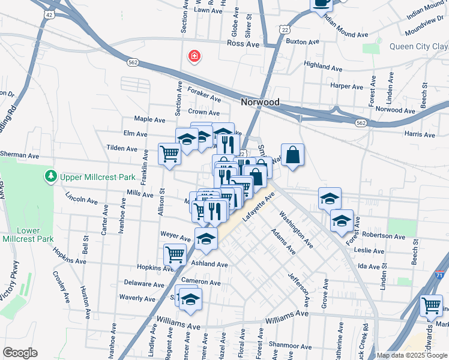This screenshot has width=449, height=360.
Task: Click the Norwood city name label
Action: [260, 102]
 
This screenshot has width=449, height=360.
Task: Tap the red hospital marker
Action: [194, 57]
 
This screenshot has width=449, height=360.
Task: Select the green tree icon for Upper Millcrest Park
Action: [50, 176]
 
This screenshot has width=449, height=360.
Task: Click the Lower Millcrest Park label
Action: [28, 235]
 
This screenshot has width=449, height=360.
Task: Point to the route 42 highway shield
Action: [49, 13]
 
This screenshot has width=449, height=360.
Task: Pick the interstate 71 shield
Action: [441, 273]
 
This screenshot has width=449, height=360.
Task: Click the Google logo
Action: [20, 353]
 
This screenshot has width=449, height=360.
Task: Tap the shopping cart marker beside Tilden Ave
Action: [169, 154]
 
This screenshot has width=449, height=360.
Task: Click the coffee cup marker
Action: [321, 3]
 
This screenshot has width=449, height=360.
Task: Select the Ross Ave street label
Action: [243, 44]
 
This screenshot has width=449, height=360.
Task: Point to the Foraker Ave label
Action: [205, 95]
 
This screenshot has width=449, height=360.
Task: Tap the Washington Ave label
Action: [296, 229]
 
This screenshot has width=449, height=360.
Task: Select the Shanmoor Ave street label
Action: [289, 346]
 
